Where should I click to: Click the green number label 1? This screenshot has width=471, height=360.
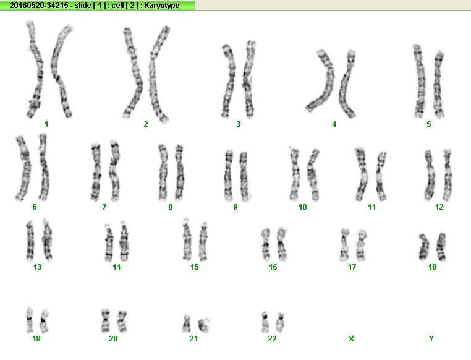click(46, 124)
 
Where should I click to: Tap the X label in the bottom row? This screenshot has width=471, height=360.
click(351, 339)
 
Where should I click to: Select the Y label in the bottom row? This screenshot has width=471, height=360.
click(431, 339)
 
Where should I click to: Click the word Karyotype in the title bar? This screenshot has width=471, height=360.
click(161, 6)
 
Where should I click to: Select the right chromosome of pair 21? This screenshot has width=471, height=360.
click(204, 325)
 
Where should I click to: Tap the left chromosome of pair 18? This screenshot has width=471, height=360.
click(424, 247)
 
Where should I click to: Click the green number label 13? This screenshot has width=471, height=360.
click(38, 267)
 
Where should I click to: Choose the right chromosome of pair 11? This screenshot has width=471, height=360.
click(380, 176)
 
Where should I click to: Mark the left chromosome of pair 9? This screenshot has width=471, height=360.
click(229, 176)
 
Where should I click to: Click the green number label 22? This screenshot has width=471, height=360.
click(272, 339)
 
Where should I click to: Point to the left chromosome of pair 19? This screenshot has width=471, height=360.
click(30, 320)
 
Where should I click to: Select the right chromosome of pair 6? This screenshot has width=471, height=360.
click(44, 168)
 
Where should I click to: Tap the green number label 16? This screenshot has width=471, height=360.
click(273, 267)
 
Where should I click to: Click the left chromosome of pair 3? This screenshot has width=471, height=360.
click(229, 81)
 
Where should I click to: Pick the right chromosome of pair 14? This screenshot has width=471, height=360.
click(124, 241)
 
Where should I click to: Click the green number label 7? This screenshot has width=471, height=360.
click(104, 207)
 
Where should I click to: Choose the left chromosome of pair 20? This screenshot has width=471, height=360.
click(106, 320)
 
